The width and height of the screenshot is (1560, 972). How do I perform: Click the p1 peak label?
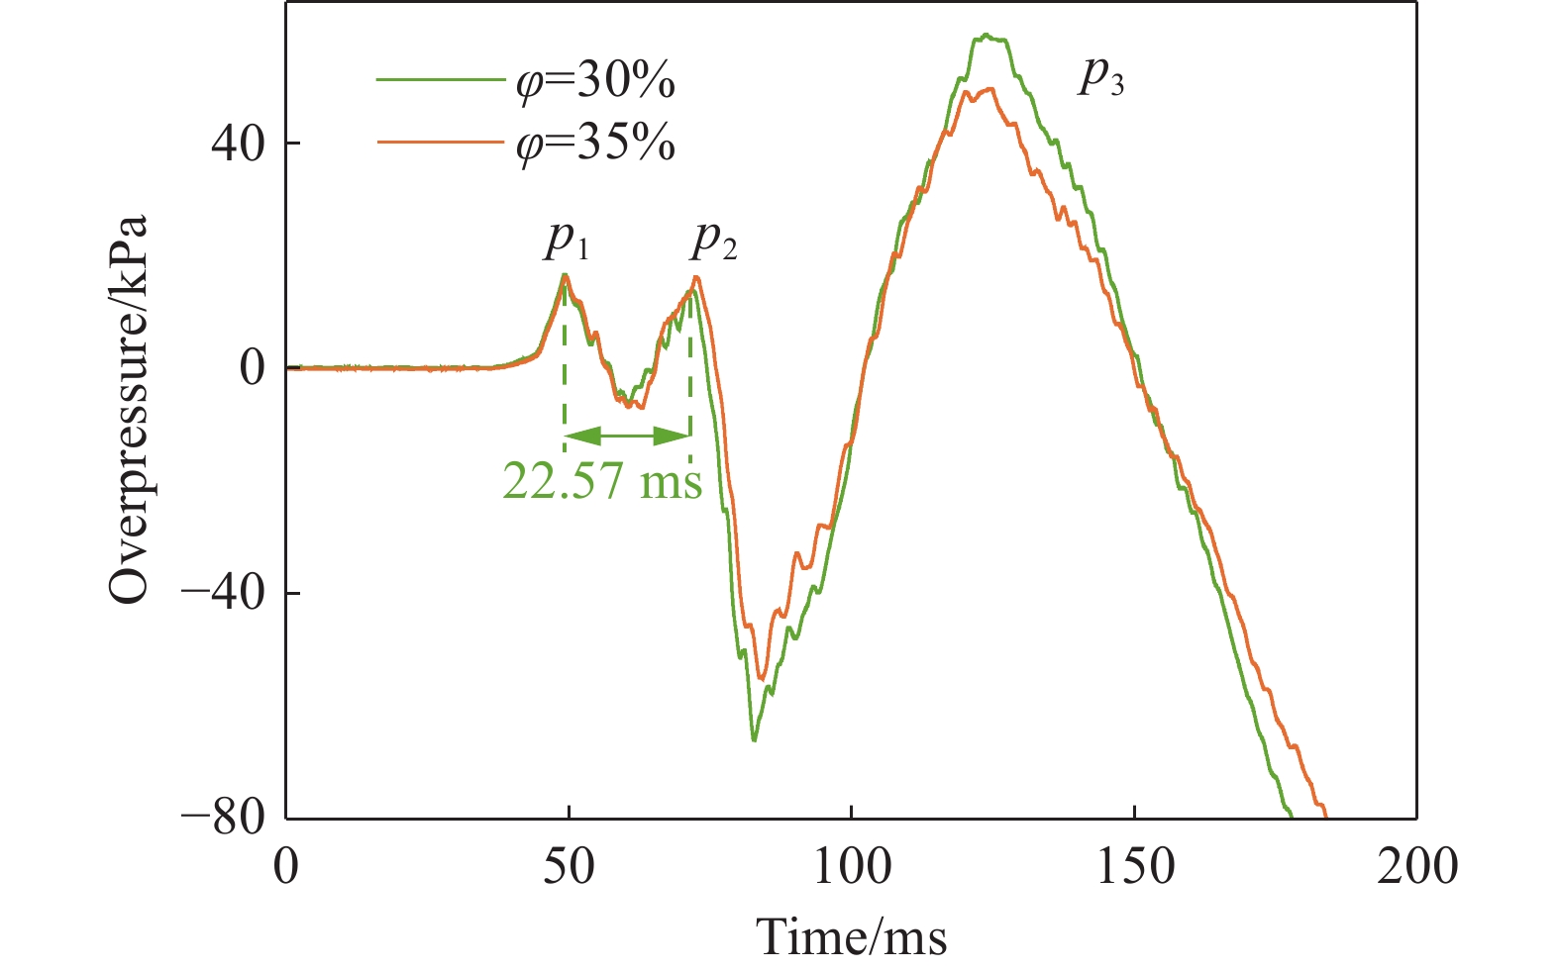point(567,241)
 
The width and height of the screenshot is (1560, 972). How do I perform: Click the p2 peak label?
point(714,241)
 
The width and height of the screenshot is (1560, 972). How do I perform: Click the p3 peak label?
point(1100,76)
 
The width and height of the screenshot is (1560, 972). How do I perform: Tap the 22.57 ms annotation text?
point(602,482)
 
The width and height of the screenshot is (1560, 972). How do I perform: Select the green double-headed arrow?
point(627,435)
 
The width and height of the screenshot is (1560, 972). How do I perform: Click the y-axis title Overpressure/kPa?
point(129,409)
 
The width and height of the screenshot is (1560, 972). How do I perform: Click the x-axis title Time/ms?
point(852,936)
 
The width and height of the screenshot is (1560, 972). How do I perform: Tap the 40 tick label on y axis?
point(237,144)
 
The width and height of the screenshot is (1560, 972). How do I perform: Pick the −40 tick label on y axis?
point(223,593)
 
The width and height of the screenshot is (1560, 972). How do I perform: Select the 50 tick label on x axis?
point(569,867)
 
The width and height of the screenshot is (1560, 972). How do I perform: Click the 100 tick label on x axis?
point(851,867)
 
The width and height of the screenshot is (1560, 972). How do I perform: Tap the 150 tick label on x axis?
point(1134,867)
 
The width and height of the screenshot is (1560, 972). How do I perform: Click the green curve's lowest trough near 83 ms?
point(754,739)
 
